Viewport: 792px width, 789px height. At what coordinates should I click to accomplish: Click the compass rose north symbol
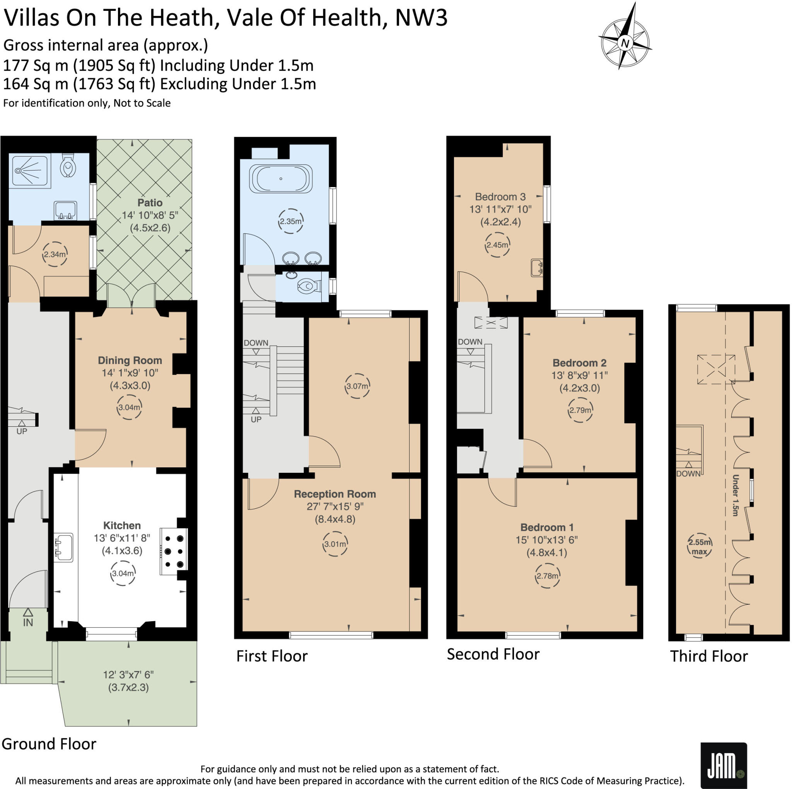click(x=625, y=43)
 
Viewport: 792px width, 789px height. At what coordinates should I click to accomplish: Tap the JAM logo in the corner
click(x=723, y=765)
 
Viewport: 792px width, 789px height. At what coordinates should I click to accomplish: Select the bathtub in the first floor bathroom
click(x=281, y=179)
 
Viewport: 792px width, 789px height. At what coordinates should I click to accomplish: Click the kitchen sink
click(x=63, y=547)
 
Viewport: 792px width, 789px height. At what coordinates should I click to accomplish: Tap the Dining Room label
click(x=130, y=360)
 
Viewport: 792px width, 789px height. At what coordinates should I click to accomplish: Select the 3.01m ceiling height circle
click(x=335, y=544)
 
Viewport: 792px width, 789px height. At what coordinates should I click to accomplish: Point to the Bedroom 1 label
click(x=547, y=527)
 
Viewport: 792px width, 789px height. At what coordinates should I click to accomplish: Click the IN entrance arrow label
click(x=28, y=622)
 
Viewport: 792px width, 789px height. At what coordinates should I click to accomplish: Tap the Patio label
click(x=150, y=203)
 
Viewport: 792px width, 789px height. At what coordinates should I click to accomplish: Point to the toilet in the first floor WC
click(x=308, y=286)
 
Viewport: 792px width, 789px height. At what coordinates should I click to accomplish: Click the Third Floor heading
click(x=709, y=656)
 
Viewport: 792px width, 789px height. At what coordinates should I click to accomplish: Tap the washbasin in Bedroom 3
click(x=537, y=268)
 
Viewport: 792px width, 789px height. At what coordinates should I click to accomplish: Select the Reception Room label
click(x=335, y=494)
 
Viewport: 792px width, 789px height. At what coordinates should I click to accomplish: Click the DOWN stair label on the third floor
click(x=688, y=474)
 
